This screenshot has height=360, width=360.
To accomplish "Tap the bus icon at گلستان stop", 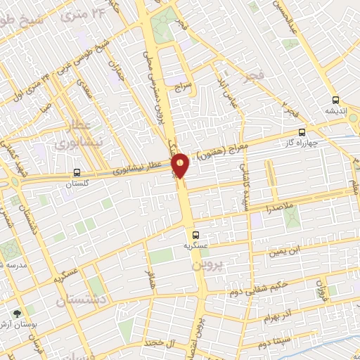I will (76, 172).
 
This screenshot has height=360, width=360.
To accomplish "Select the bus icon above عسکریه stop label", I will (195, 235).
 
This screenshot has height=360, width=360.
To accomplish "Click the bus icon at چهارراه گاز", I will (302, 131).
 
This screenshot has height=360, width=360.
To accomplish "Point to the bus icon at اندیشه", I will (335, 100).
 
